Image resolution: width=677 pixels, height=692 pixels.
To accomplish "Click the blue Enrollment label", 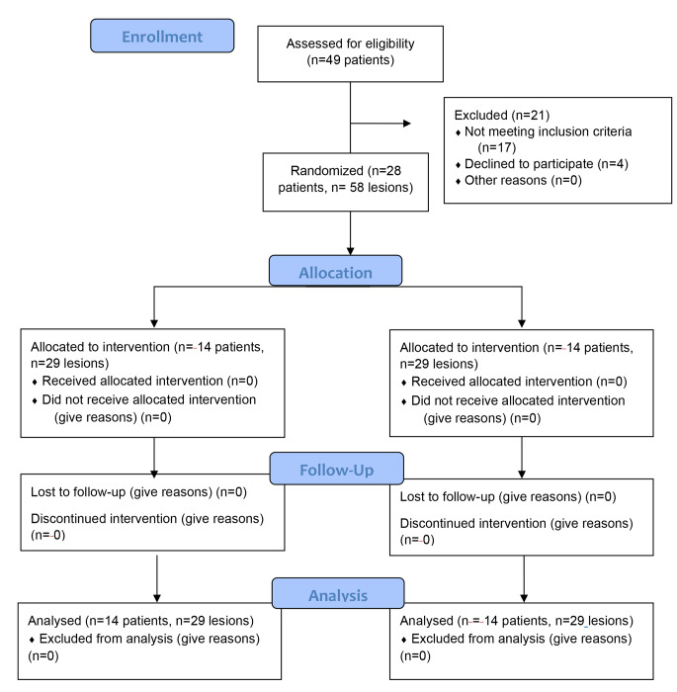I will click(x=161, y=37).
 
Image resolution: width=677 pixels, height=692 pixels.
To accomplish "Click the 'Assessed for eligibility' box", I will click(x=351, y=51).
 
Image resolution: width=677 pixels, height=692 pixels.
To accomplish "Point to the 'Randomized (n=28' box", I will click(x=350, y=181).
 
